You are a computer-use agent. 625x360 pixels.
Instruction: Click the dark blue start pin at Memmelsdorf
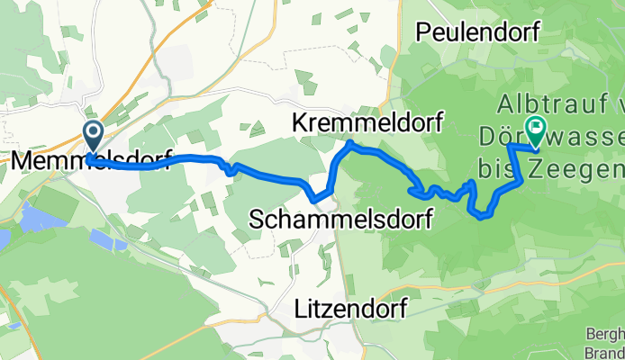(x=93, y=137)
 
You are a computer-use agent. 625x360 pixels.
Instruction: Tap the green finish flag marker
(x=536, y=131)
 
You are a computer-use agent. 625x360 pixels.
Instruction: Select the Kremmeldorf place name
(x=368, y=123)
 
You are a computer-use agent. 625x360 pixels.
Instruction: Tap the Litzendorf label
(x=350, y=310)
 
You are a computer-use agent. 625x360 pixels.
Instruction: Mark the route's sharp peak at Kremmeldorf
(x=349, y=143)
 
